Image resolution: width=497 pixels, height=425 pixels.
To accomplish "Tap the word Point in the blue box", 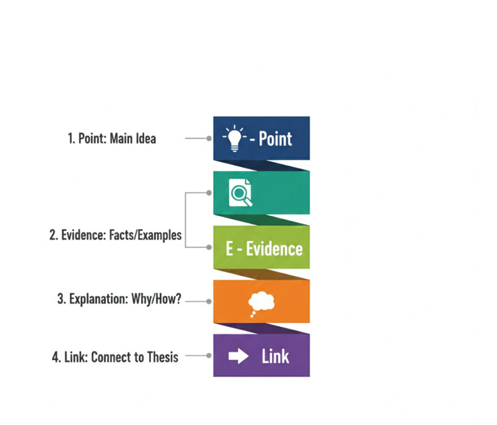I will click(x=275, y=139).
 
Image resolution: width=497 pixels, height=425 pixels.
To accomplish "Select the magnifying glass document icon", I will click(x=240, y=193).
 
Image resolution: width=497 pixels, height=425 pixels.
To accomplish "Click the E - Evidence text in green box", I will click(x=264, y=248).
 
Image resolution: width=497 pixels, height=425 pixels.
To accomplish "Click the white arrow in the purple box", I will click(x=239, y=357).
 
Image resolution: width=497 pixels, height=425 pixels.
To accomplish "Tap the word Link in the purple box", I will click(x=275, y=357).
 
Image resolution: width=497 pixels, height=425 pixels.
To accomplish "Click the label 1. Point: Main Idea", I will click(x=112, y=139).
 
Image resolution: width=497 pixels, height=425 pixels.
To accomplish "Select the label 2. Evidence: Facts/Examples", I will click(x=115, y=235).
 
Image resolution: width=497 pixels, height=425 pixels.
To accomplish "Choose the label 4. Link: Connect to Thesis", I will click(x=115, y=357).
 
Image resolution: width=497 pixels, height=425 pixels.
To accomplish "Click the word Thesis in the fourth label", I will click(x=163, y=357).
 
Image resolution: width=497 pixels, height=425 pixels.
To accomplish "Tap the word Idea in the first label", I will click(x=145, y=139).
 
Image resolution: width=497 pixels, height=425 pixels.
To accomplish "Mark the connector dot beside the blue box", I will click(x=209, y=139).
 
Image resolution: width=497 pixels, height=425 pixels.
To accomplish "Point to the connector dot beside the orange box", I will click(x=209, y=301).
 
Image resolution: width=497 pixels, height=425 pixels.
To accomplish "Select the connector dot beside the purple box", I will click(x=209, y=356).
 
